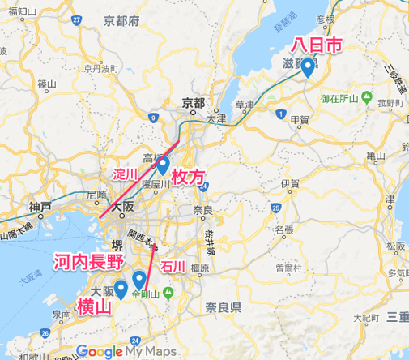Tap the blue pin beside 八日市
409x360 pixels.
[309, 68]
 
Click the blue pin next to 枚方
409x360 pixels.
[163, 165]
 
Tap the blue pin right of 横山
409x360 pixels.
[121, 289]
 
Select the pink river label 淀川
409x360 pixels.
[123, 174]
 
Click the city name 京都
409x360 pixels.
[194, 103]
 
